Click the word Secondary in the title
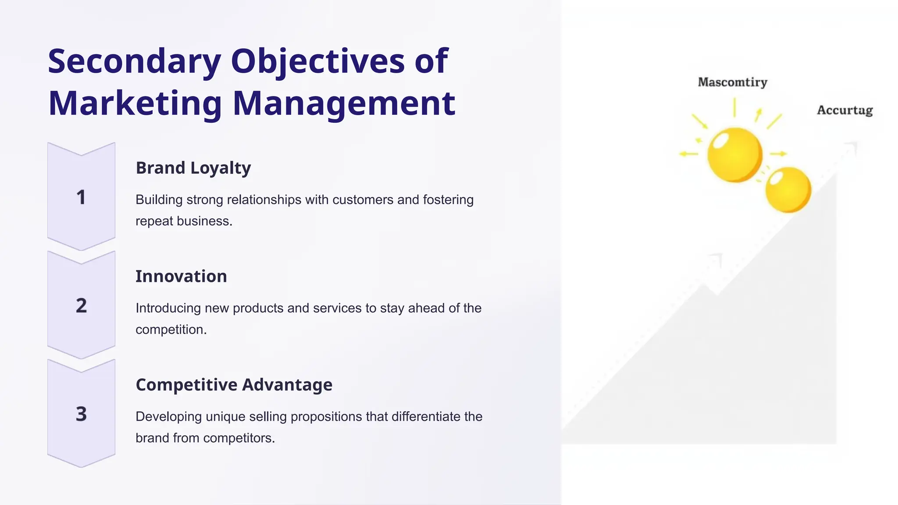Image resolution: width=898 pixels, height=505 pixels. click(134, 61)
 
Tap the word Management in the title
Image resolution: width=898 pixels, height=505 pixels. click(344, 103)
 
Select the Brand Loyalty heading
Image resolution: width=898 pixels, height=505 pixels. click(193, 168)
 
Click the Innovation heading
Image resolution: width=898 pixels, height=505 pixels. click(181, 276)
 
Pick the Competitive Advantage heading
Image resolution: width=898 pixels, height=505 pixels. click(234, 385)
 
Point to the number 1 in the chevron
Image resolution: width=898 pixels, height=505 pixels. click(81, 197)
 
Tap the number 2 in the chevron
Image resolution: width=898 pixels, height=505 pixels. click(81, 306)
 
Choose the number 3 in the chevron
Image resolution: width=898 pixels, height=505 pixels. click(81, 414)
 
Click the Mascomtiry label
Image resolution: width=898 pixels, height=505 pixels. click(732, 82)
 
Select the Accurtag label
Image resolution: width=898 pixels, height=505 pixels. click(845, 110)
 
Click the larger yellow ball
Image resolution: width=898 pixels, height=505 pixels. click(735, 155)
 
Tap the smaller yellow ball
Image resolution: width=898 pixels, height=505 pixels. click(788, 190)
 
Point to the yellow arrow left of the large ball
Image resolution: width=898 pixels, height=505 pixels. click(688, 154)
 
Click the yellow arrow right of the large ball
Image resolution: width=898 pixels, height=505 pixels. click(778, 154)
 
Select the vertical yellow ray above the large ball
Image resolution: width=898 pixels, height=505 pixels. click(734, 107)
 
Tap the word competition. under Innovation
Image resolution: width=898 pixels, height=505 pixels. click(171, 330)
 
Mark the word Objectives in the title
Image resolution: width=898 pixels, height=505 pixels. click(318, 61)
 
